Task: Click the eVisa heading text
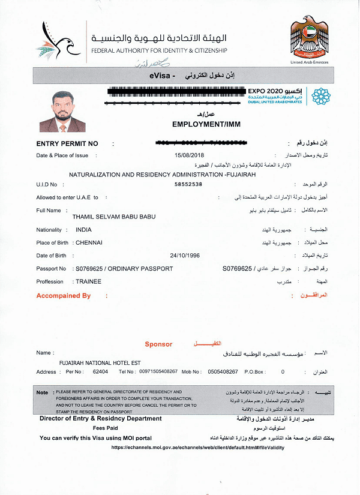(161, 77)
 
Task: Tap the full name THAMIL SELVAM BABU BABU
(113, 216)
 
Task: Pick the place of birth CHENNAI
(89, 242)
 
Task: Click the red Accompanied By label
(63, 296)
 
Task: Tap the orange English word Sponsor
(158, 344)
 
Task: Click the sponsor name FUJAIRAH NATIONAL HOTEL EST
(100, 364)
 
